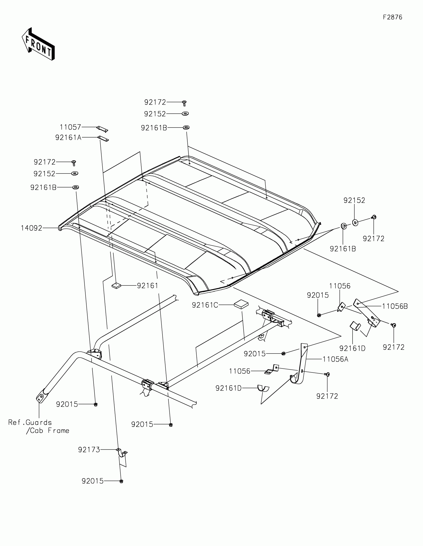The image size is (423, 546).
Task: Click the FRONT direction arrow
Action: click(x=38, y=44)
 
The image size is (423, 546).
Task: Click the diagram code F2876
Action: click(x=392, y=17)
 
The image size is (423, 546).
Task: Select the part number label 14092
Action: click(x=31, y=228)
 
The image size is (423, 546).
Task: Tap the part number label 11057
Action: click(x=70, y=127)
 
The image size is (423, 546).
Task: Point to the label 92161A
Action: click(x=68, y=137)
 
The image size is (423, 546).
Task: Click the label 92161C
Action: click(x=205, y=305)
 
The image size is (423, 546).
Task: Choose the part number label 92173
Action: click(x=89, y=450)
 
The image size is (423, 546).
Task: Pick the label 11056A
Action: click(x=335, y=359)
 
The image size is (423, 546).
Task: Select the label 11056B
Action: click(x=395, y=306)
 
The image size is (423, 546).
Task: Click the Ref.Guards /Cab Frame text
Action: click(x=39, y=426)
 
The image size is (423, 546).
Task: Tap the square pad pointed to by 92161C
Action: click(x=241, y=304)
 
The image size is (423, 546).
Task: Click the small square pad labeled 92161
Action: click(x=116, y=285)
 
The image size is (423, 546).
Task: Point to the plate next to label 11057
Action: click(x=102, y=129)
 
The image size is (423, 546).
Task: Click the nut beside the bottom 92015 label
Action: click(x=121, y=481)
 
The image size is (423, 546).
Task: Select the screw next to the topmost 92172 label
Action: click(x=184, y=102)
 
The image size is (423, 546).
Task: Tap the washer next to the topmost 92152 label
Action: click(x=185, y=113)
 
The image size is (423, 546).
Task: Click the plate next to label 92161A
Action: click(x=103, y=138)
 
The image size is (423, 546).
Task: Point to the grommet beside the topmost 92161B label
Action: click(x=186, y=128)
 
